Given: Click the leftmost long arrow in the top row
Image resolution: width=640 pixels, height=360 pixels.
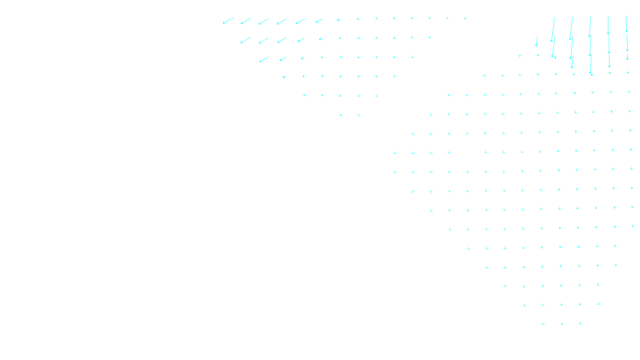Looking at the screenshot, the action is (228, 20).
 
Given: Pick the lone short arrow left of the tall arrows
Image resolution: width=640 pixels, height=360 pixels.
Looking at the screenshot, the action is (537, 42).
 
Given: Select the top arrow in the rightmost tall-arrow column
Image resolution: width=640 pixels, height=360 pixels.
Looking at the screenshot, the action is (626, 24).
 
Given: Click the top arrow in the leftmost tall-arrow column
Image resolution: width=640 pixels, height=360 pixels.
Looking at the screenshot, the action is (553, 29).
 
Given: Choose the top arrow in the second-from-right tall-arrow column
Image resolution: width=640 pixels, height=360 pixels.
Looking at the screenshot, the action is (608, 25).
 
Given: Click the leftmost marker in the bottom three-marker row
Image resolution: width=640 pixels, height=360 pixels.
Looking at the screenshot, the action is (543, 324).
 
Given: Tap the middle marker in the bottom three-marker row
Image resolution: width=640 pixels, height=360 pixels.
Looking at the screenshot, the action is (562, 324).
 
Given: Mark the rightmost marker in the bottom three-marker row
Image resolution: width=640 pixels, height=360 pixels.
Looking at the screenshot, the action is (580, 323).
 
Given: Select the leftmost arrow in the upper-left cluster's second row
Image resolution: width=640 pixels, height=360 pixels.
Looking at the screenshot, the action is (246, 40).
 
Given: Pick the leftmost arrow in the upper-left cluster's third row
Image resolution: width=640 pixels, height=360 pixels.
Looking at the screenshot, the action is (264, 60).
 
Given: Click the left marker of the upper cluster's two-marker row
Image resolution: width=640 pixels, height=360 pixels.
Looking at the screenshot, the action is (341, 115).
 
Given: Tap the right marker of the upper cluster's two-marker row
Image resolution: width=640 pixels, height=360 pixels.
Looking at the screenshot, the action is (359, 115).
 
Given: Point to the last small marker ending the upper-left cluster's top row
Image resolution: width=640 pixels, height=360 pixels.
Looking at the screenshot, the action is (465, 18).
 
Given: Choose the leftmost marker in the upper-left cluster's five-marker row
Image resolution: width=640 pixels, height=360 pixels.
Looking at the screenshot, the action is (304, 95).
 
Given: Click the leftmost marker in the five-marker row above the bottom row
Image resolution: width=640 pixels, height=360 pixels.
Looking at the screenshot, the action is (524, 305).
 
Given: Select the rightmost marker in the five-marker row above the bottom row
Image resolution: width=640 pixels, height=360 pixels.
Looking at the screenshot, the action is (598, 304).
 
